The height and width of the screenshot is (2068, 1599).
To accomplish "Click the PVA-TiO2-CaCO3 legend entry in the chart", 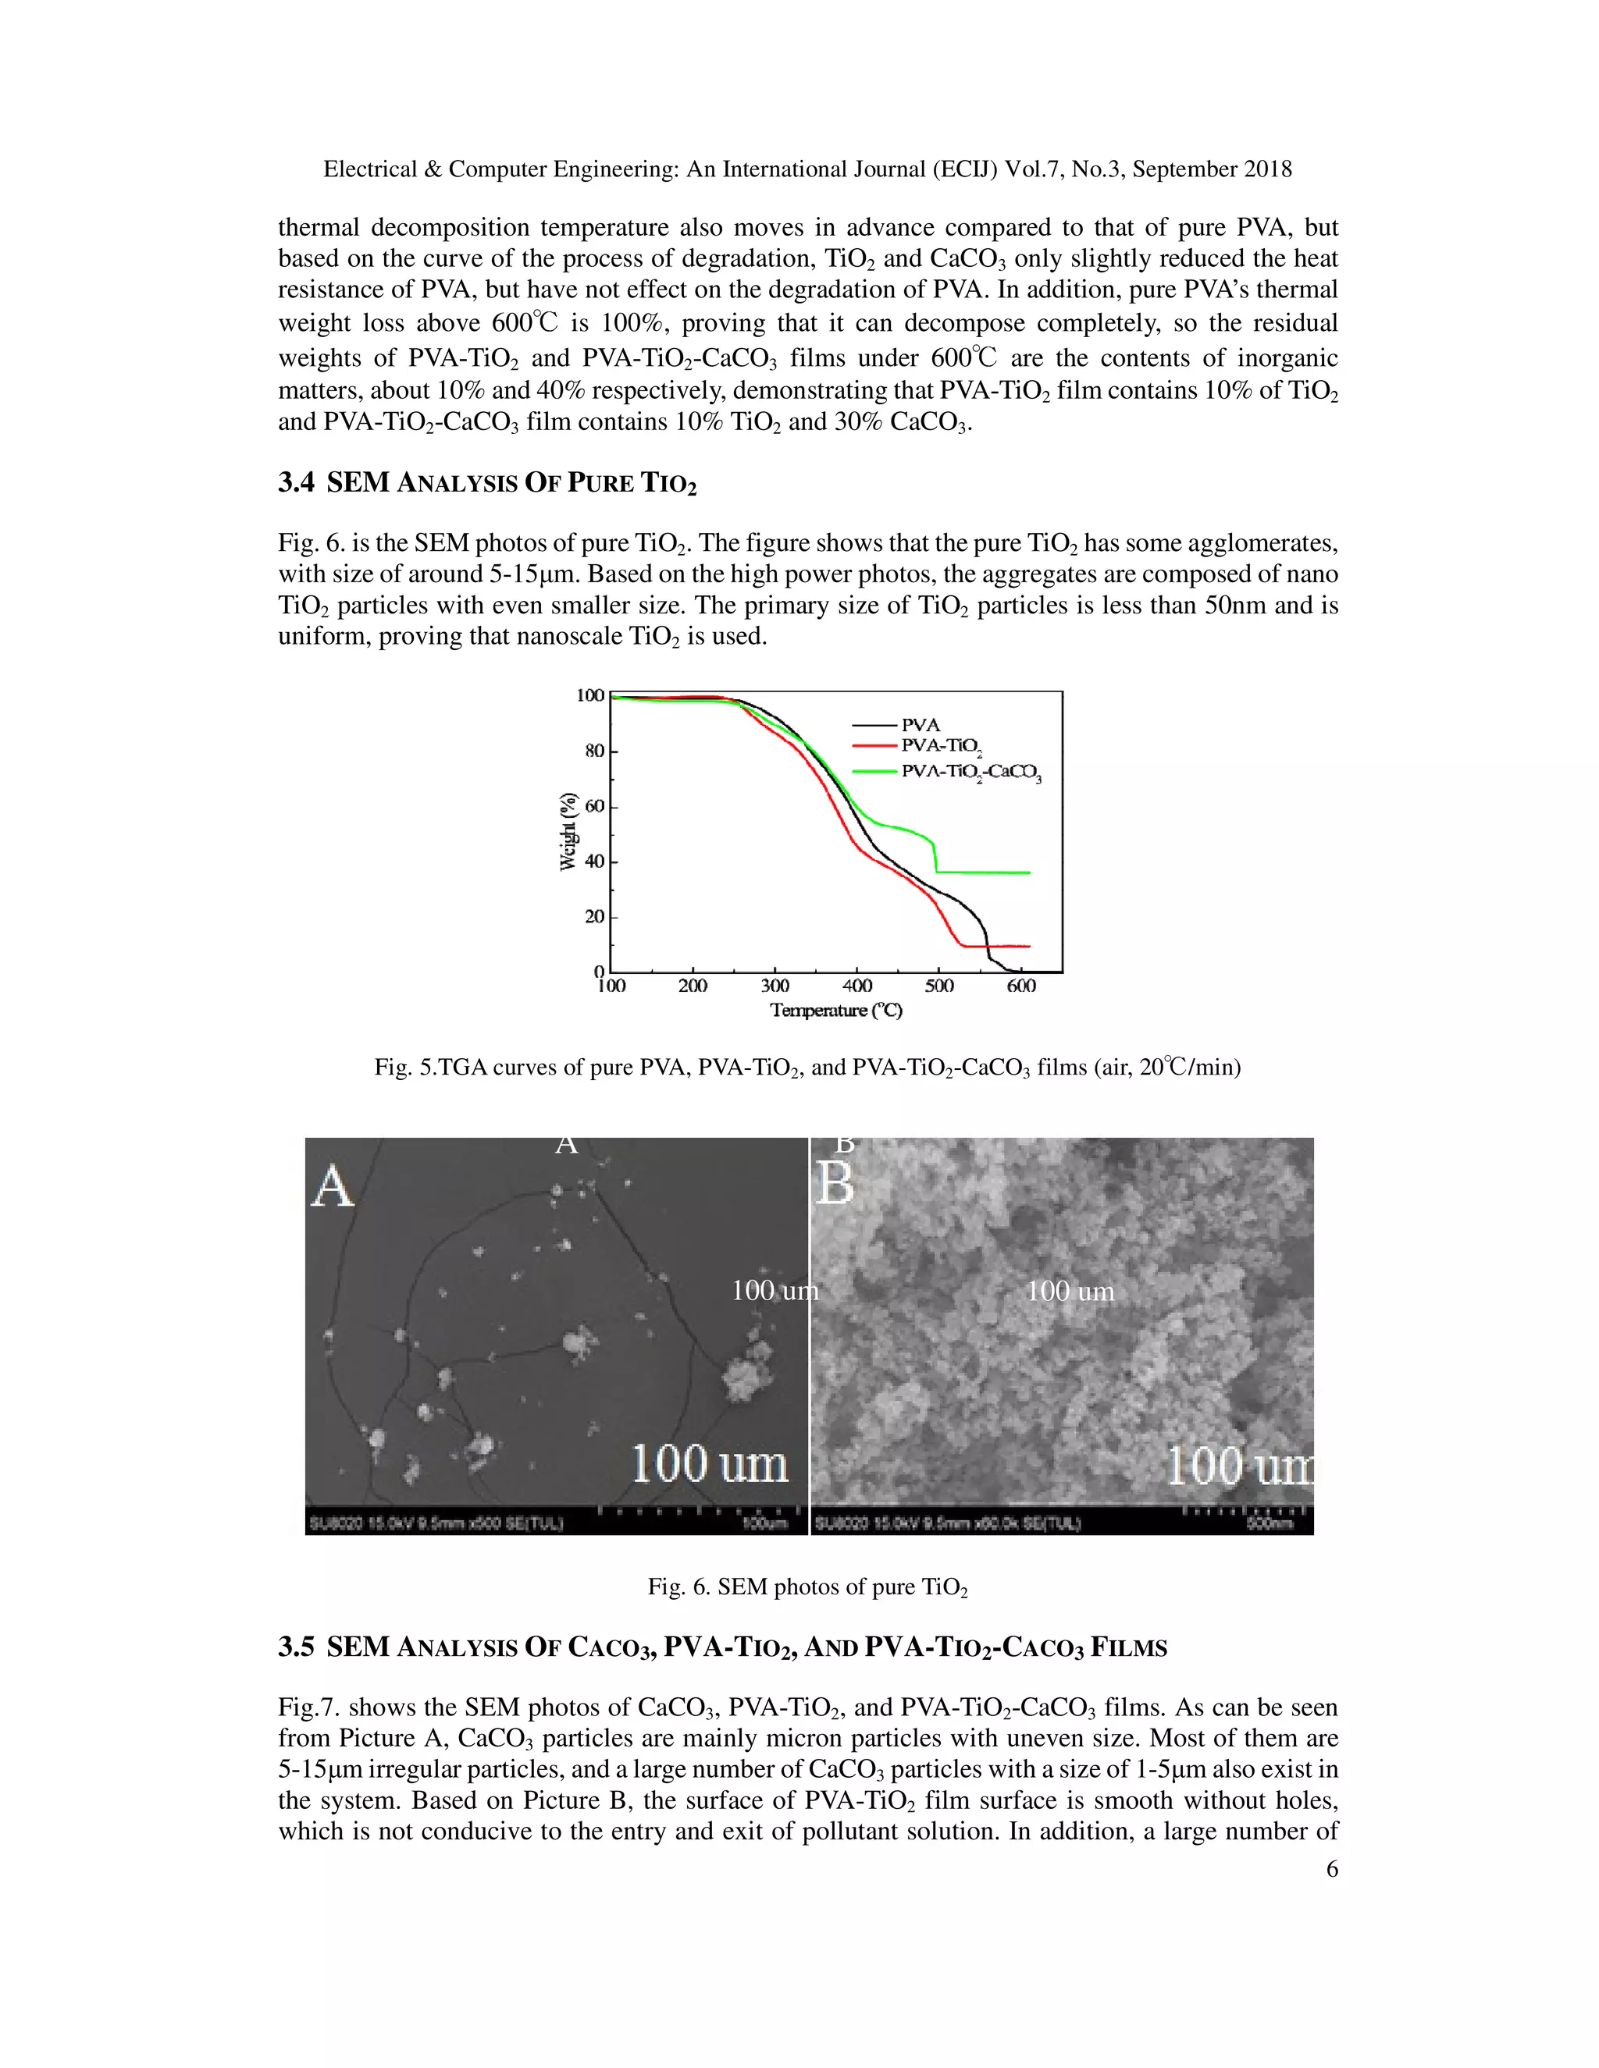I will tap(970, 772).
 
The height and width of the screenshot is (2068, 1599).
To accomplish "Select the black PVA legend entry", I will tap(920, 724).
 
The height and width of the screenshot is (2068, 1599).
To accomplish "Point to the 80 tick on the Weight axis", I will tap(594, 751).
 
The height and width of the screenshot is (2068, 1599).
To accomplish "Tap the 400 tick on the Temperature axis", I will tap(857, 986).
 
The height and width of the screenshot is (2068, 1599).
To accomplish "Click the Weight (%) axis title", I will tap(568, 830).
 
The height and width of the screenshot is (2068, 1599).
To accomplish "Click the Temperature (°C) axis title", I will tap(835, 1011).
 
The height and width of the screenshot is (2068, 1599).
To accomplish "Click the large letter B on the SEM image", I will tap(835, 1184).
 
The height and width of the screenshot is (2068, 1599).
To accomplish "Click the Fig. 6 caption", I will tap(807, 1587).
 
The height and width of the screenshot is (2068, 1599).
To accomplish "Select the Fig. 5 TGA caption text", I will tap(807, 1068).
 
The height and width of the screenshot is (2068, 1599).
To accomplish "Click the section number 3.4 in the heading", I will tap(296, 483).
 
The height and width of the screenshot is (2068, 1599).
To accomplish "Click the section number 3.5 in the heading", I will tap(296, 1647).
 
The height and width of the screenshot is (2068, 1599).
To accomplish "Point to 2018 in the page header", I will tap(1267, 169).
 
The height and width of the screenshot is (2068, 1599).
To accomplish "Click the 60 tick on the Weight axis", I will tap(594, 807).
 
